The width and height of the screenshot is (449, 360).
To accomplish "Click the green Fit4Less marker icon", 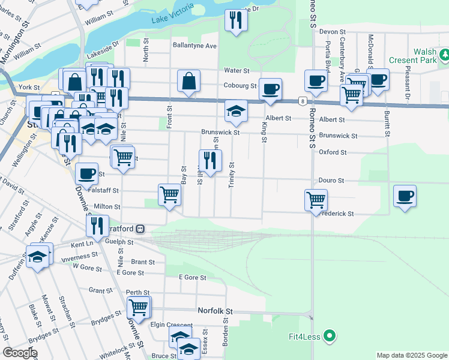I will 329,336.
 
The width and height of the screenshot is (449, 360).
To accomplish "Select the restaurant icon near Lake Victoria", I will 236,20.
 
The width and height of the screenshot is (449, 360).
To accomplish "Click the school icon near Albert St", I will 236,110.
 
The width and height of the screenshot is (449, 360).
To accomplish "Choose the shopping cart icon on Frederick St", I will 315,199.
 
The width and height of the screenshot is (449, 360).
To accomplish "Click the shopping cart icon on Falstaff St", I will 169,194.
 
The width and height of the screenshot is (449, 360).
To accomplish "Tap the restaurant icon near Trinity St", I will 209,160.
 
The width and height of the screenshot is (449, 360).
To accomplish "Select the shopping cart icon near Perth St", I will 139,307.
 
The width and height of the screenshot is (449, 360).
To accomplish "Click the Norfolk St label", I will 215,311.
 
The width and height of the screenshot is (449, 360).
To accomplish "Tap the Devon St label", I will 333,31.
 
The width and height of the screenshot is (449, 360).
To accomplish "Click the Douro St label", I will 332,180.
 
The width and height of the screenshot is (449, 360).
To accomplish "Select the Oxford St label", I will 333,152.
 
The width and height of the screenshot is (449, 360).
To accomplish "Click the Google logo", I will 20,352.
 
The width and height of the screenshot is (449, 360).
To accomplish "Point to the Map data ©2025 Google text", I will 412,355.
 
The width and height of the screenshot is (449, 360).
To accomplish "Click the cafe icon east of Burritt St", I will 405,195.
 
